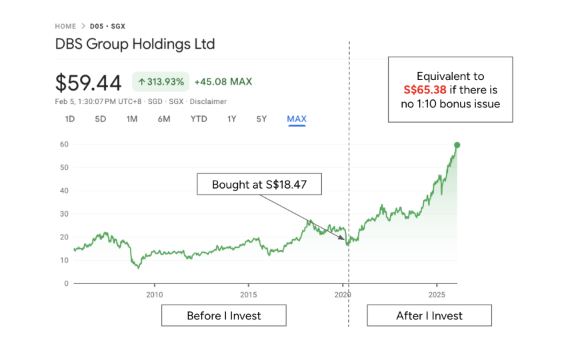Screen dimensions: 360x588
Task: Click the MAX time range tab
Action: coord(297,119)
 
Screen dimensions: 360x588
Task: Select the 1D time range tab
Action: coord(70,119)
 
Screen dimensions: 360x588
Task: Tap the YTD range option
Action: coord(199,119)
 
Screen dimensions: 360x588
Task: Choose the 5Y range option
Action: coord(261,119)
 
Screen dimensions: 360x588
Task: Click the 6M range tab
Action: coord(164,119)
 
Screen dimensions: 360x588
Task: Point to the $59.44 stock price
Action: coord(88,83)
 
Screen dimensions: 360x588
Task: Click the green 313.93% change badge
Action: coord(161,82)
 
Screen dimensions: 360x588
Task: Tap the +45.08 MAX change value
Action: coord(223,82)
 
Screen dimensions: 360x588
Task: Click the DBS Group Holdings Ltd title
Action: coord(135,45)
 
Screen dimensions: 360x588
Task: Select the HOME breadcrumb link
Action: coord(65,26)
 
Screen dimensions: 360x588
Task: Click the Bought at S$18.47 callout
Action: coord(259,185)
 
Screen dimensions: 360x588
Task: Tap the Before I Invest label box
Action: coord(224,315)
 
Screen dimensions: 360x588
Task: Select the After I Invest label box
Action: coord(429,315)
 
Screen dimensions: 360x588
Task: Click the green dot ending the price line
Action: coord(457,145)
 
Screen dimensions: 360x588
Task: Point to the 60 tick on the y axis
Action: coord(64,144)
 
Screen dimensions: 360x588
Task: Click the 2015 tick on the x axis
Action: coord(249,295)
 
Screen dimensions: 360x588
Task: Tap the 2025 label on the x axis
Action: coord(437,295)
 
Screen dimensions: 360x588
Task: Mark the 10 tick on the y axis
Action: coord(64,260)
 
